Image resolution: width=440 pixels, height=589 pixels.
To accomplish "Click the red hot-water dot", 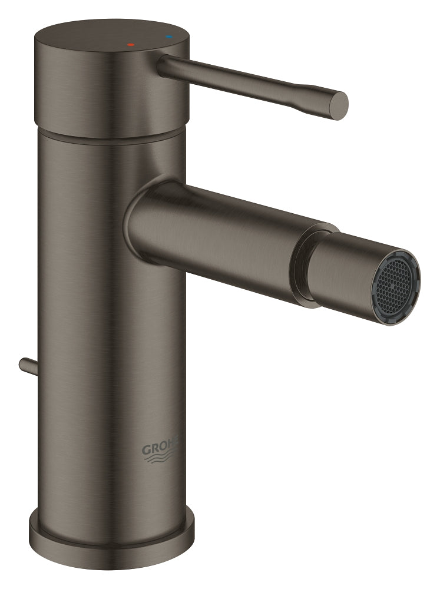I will point(131,44).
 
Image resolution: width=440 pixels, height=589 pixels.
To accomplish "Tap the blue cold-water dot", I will point(170,37).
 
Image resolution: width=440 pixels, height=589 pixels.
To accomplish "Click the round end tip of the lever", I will point(339,106).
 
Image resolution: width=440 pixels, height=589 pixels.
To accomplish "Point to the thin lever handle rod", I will point(247,81).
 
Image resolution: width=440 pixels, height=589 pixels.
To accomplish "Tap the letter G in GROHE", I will point(146,450).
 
